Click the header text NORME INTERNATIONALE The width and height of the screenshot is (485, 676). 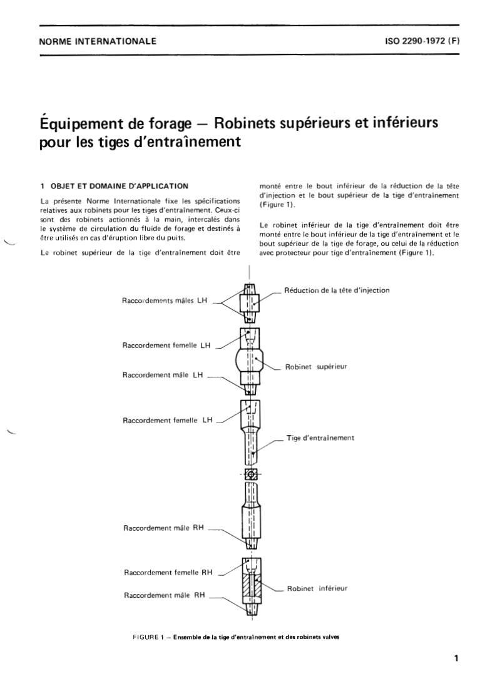pos(98,43)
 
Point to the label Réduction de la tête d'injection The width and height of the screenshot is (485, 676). pos(337,290)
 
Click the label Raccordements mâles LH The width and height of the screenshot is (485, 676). pos(165,300)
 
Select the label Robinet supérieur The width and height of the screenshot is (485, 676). pos(316,367)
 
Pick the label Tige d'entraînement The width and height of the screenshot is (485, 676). pos(320,438)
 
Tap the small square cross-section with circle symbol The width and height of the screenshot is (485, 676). pos(251,474)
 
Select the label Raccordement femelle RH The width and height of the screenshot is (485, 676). pos(168,572)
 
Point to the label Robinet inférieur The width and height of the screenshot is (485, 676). pos(317,588)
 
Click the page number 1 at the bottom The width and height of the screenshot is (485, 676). pos(456,658)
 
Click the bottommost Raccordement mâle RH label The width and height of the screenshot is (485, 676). pos(165,595)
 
